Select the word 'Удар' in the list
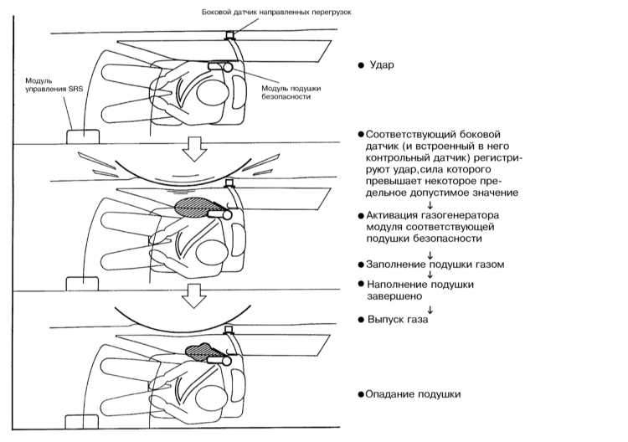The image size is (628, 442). [381, 64]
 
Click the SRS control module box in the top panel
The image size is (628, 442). [82, 135]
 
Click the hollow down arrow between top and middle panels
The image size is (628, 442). [196, 148]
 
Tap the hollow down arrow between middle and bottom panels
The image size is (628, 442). [196, 294]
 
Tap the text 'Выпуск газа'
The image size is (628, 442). [392, 320]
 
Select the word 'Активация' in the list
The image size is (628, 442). [391, 215]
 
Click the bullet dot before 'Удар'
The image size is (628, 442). [360, 64]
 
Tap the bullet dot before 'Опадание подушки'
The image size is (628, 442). [360, 393]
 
